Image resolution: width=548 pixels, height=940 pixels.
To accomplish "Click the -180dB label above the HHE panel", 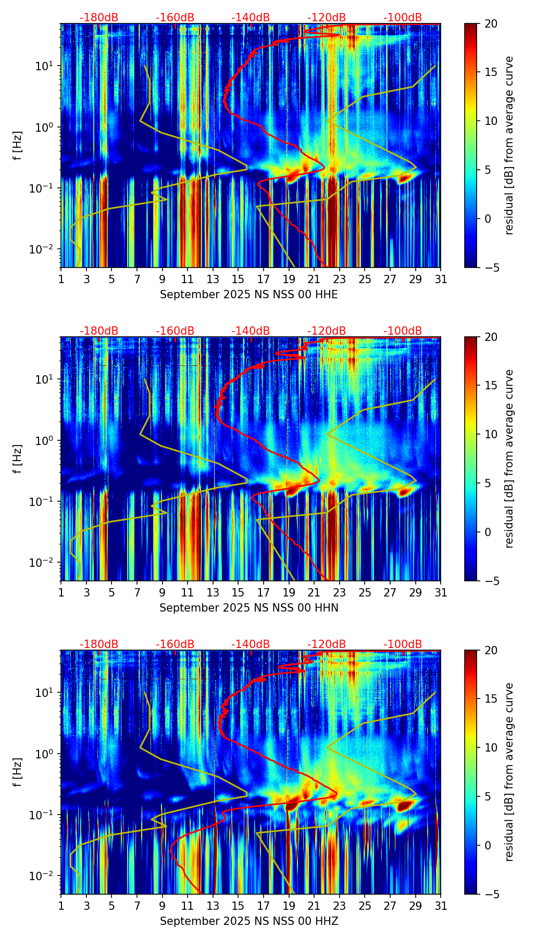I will pos(99,18).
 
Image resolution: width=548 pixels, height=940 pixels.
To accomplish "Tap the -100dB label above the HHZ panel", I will pos(403,644).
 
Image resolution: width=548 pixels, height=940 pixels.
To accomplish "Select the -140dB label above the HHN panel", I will pos(251,331).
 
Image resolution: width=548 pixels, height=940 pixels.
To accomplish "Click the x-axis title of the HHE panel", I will pos(248,295).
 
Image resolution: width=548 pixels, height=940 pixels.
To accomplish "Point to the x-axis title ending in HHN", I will pos(248,608).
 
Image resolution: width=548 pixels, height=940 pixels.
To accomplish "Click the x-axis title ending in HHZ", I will pos(248,921).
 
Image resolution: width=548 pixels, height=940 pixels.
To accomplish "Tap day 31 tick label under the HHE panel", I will pos(441,280).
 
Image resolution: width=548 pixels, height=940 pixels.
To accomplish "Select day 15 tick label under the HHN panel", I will pos(238,593).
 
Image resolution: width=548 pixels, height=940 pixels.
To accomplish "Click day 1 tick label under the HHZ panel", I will pos(61,906).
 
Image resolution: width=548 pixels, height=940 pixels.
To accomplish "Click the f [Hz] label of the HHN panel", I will pos(18,459).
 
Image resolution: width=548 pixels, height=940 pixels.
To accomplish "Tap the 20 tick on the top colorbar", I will pos(491,23).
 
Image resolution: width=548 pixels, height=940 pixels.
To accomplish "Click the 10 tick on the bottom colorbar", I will pos(491,747).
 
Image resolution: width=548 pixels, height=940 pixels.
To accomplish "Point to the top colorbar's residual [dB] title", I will pos(509,145).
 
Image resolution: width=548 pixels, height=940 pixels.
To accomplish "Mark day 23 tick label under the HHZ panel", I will pos(340,906).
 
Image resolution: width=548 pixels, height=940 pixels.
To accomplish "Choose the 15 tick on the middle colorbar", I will pos(491,385).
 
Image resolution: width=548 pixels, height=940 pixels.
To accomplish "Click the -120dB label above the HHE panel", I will pos(327,18).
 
